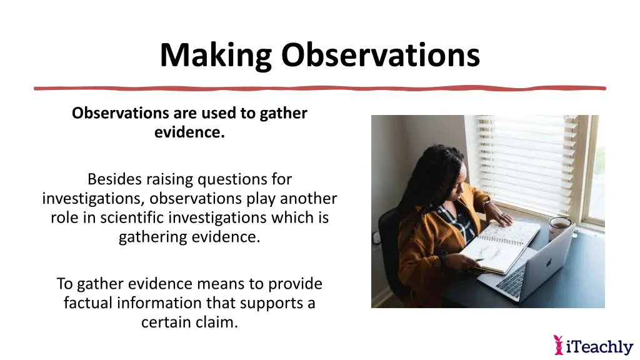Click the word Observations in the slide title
[380, 55]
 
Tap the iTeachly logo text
[599, 346]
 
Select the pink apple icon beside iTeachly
[559, 344]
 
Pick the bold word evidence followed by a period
[189, 132]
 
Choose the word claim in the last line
[216, 322]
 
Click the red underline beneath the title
[319, 88]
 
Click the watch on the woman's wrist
[486, 203]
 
